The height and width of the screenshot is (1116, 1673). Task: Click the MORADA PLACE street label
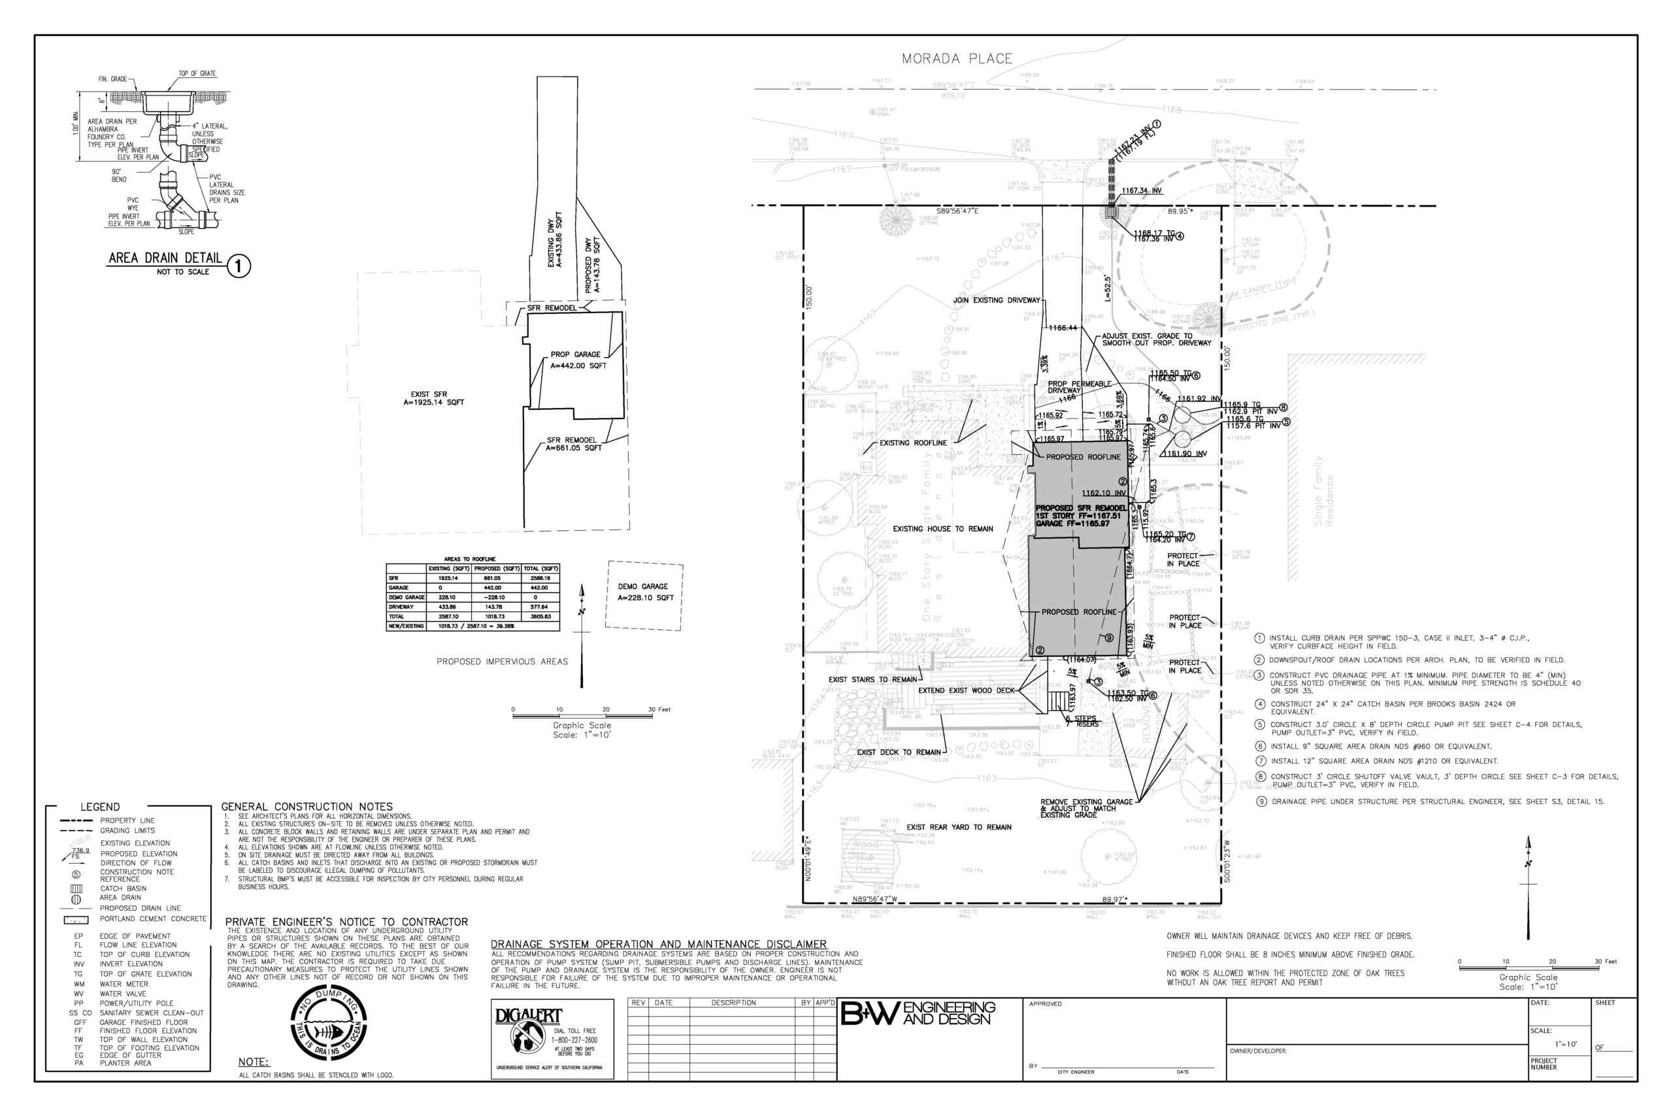957,59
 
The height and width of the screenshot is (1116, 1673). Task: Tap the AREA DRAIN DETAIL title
165,258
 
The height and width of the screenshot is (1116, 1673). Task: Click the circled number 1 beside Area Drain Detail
239,267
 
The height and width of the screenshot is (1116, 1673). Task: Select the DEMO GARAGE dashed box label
644,592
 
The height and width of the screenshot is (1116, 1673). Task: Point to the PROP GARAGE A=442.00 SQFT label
578,360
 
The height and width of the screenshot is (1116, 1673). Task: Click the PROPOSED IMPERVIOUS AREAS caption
502,662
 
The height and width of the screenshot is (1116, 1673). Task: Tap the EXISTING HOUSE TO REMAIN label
942,529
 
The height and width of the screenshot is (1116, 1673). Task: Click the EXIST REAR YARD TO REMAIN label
958,827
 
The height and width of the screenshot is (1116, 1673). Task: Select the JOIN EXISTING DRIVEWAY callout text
996,300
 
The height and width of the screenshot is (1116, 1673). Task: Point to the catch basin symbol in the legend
77,888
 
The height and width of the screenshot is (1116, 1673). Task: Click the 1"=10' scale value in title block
1566,1044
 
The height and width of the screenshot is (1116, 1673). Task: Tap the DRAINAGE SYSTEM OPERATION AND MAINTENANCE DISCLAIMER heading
659,945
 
